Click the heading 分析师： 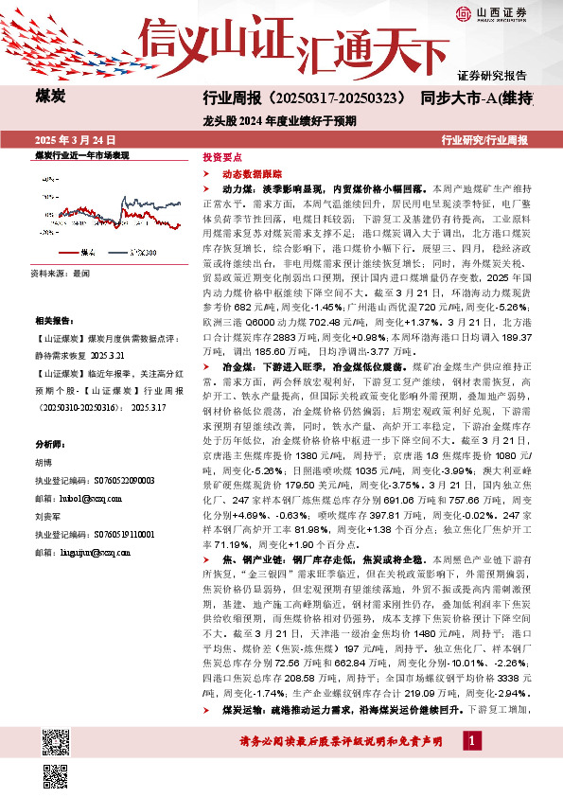[x=50, y=444]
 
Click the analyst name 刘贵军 [x=47, y=518]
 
